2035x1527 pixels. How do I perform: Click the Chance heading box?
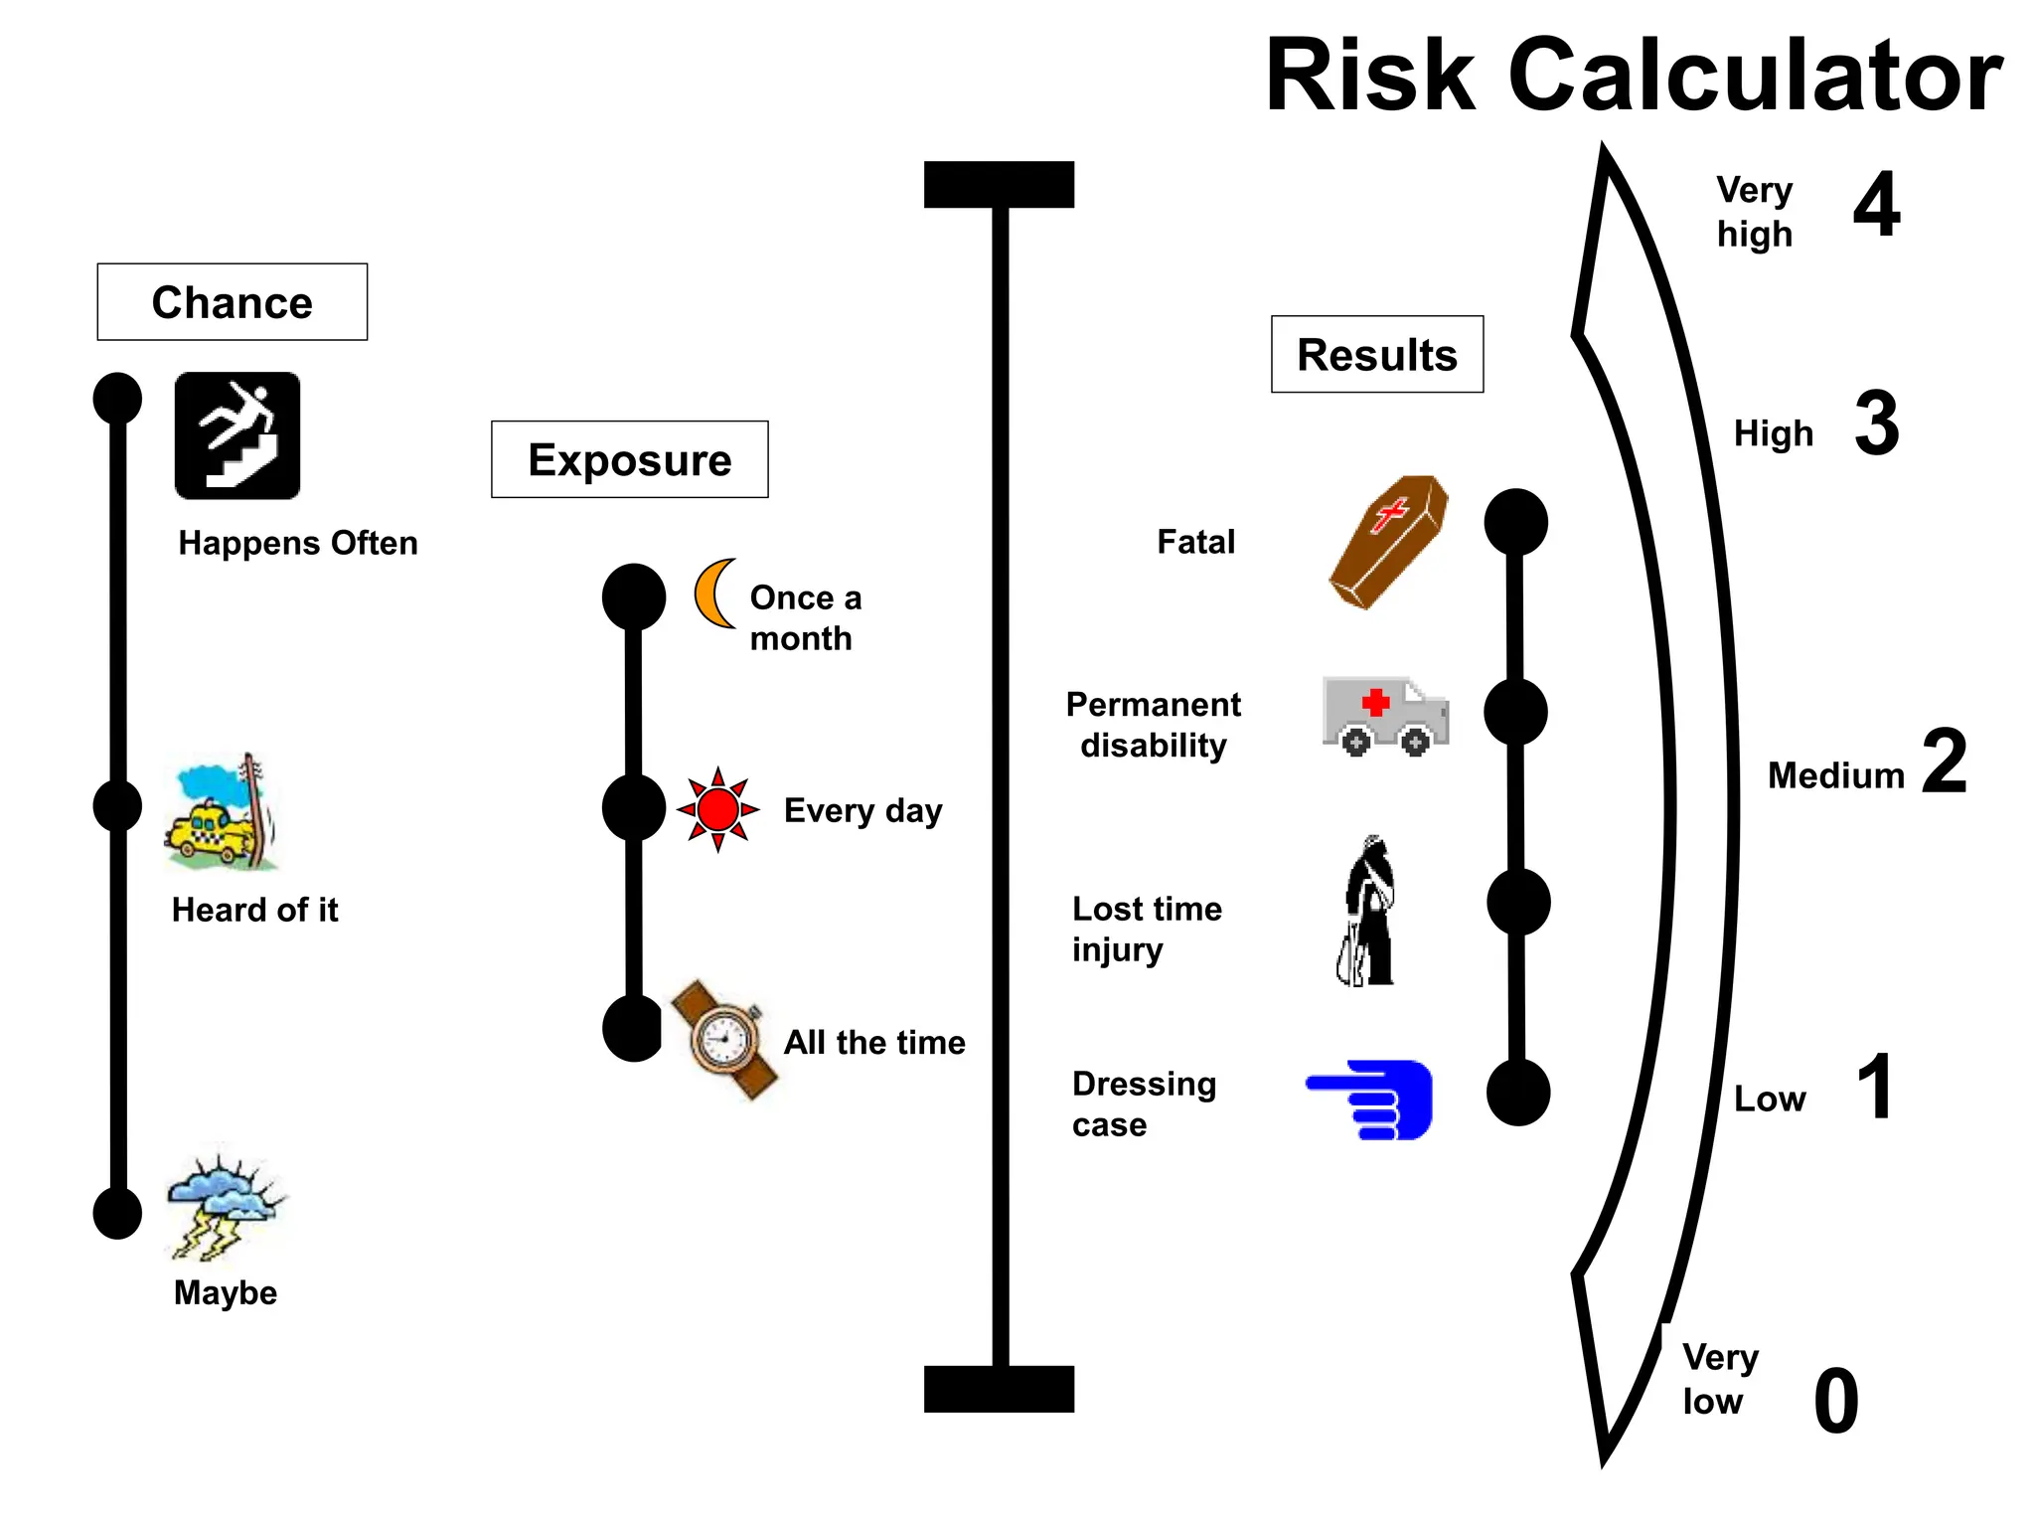click(232, 302)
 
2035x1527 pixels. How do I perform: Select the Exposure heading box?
click(629, 459)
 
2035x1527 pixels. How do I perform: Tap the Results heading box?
click(1376, 355)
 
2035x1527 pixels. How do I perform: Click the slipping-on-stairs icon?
click(237, 435)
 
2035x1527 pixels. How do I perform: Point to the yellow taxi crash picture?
click(221, 814)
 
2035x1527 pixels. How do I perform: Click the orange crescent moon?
click(713, 594)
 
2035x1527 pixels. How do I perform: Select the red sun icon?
click(717, 809)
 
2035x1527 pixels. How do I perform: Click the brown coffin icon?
click(1388, 542)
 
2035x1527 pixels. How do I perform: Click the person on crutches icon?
click(1368, 912)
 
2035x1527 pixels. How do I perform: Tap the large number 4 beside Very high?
click(1876, 205)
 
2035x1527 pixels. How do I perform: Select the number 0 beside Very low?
click(1835, 1401)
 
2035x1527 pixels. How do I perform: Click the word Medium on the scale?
click(1835, 775)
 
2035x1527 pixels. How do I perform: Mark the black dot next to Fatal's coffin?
click(1515, 522)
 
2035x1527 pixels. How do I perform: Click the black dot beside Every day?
click(634, 807)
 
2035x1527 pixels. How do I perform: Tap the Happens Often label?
click(298, 543)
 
